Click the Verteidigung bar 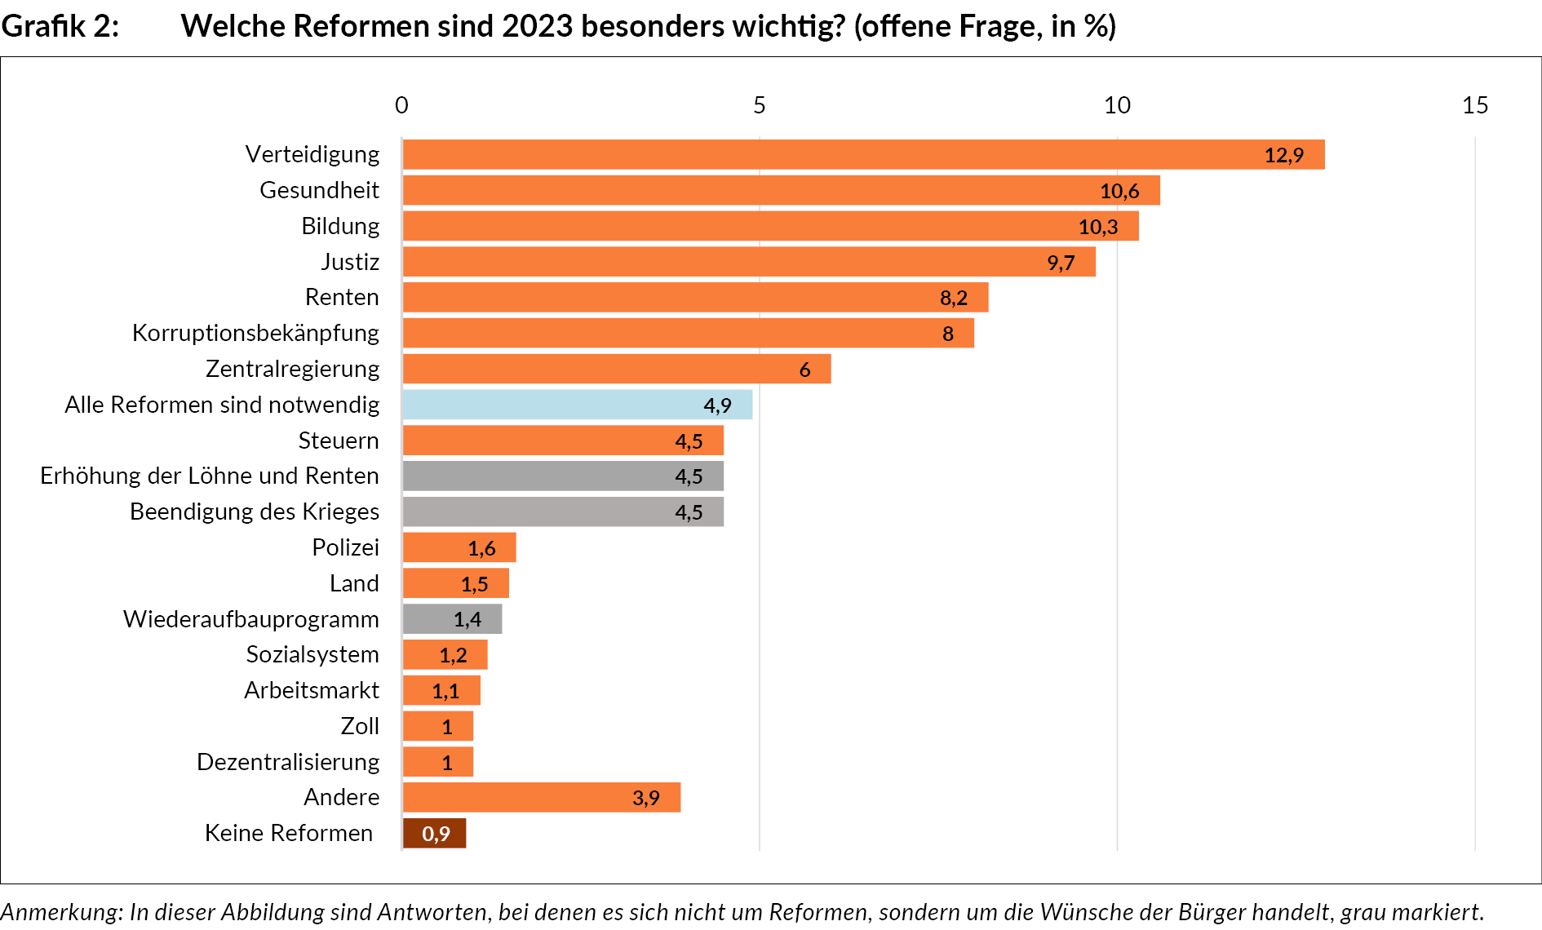[x=863, y=154]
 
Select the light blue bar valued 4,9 [x=577, y=405]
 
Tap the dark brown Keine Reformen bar [x=434, y=833]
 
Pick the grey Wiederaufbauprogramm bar [x=452, y=619]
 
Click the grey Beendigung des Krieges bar [x=563, y=512]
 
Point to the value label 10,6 [x=1119, y=191]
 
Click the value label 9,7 [x=1061, y=263]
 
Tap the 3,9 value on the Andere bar [x=645, y=798]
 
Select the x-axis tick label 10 [x=1117, y=105]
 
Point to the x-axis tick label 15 [x=1474, y=105]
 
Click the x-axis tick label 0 [x=401, y=105]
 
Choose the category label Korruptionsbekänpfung [x=255, y=333]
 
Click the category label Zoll [x=360, y=726]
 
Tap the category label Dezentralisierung [x=288, y=762]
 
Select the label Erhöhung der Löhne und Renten [x=210, y=476]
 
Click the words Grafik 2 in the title [x=60, y=26]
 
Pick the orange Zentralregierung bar [x=616, y=369]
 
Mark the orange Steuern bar [x=563, y=441]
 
